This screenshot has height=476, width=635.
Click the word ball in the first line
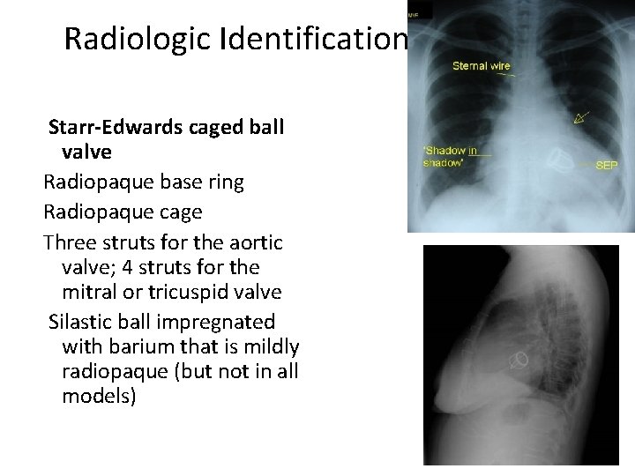tap(266, 126)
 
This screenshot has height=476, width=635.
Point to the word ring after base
tap(225, 182)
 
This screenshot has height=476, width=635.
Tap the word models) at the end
tap(99, 396)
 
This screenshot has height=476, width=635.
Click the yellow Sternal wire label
tap(481, 65)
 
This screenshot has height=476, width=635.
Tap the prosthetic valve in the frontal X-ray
tap(559, 160)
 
